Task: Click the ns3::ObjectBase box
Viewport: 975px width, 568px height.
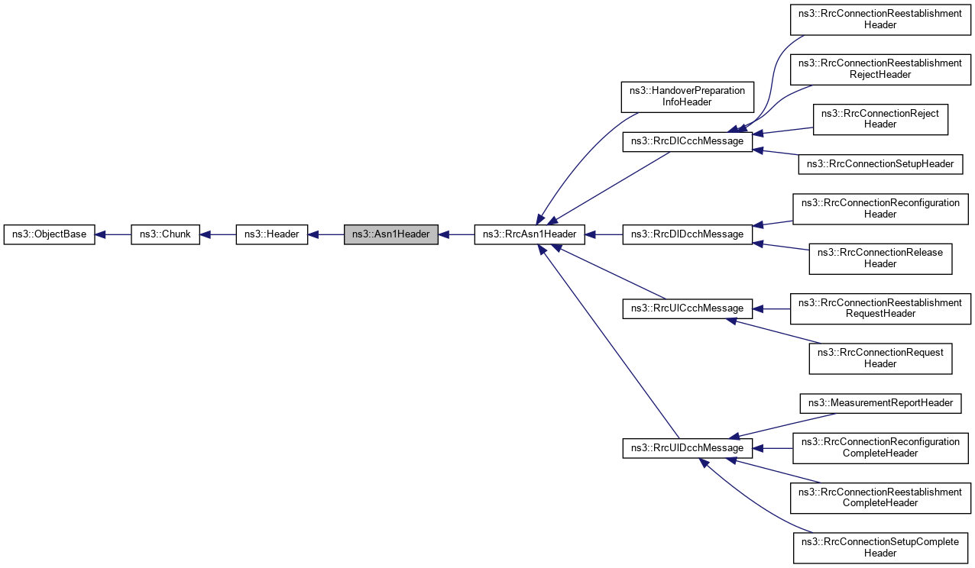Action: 50,234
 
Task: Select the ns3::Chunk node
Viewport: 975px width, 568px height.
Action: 165,234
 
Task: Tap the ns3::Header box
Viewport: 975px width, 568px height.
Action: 272,234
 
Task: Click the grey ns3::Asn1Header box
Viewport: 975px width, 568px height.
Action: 391,234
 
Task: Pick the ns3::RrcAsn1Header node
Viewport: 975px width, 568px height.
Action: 530,234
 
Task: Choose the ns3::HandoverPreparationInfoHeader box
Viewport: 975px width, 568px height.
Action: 687,96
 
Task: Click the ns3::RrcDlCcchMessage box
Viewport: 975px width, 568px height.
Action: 688,141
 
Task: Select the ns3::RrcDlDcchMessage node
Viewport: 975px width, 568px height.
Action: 688,234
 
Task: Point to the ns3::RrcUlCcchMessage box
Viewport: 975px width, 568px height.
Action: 688,308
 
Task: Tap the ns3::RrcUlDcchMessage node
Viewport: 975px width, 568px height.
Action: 688,448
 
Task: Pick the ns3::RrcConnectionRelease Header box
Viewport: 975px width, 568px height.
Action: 880,258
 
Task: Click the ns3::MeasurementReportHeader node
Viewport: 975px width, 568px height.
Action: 880,403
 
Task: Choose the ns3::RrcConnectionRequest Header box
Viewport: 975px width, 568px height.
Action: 880,358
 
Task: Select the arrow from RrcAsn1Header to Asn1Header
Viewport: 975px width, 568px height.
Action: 456,234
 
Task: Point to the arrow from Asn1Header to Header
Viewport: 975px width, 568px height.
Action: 326,234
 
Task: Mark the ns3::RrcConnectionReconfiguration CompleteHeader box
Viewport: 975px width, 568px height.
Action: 880,447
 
